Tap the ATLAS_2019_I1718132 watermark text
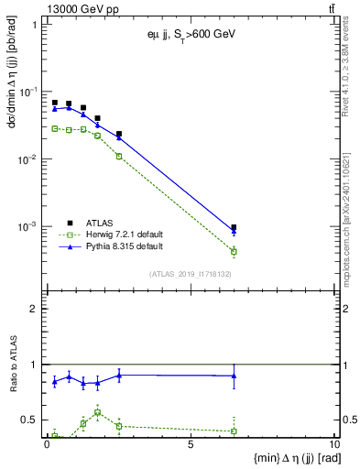tap(190, 273)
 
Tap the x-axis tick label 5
tap(190, 445)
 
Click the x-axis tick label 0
tap(47, 445)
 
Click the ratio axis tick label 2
tap(33, 309)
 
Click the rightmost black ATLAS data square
tap(234, 227)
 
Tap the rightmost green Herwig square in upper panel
tap(234, 251)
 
